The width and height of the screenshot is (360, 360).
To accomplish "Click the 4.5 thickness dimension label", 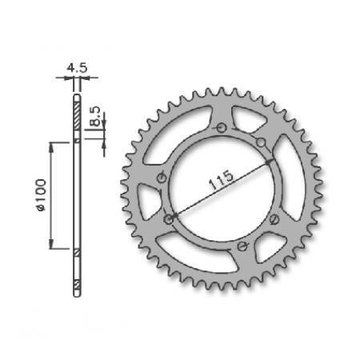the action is [77, 68].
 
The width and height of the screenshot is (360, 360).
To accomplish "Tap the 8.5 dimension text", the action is [95, 116].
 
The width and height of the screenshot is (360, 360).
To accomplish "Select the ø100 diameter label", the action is [42, 195].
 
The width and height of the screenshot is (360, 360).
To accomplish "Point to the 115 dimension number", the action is [221, 180].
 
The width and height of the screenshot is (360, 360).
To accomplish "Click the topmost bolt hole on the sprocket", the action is [222, 128].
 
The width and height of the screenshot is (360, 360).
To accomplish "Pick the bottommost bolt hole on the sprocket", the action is [242, 246].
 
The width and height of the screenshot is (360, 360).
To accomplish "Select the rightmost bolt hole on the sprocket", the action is [274, 219].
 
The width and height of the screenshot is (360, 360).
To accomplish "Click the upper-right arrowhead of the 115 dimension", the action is [270, 161].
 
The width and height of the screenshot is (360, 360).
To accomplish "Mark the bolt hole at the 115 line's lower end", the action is [169, 219].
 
